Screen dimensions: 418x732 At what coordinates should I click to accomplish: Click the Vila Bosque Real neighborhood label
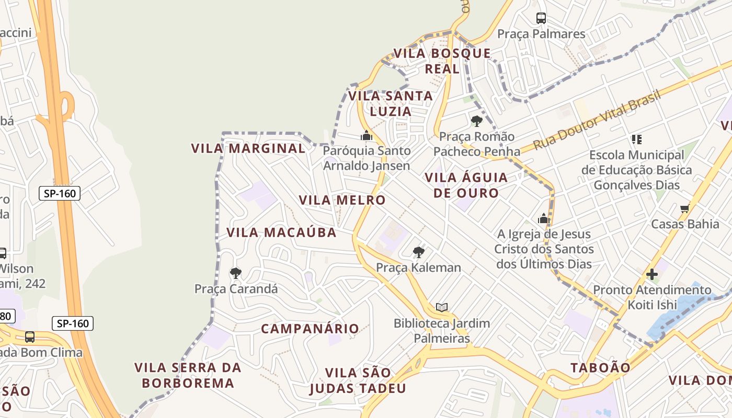click(442, 61)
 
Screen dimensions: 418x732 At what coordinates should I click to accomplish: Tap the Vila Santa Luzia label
click(391, 103)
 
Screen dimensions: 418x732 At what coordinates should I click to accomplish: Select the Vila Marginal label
click(248, 148)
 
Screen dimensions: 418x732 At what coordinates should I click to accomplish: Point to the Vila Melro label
click(342, 200)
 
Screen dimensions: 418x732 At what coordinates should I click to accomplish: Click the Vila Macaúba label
click(281, 233)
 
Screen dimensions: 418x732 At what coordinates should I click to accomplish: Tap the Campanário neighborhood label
click(310, 329)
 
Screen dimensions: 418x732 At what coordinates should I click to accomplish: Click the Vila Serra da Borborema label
click(188, 375)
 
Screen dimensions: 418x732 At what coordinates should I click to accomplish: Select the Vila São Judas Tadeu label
click(358, 380)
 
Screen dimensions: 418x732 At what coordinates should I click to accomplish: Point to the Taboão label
click(600, 367)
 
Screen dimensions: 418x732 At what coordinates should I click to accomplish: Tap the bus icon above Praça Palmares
click(541, 18)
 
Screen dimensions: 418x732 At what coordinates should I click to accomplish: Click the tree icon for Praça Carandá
click(236, 273)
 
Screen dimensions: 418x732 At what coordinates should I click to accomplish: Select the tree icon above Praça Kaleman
click(418, 252)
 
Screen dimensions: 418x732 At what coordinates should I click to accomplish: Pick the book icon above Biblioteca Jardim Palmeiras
click(442, 307)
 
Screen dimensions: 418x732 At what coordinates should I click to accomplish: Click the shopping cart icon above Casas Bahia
click(684, 209)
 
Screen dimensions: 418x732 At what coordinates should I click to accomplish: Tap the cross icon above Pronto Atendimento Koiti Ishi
click(651, 274)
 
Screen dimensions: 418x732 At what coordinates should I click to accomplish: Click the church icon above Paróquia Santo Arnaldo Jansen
click(366, 136)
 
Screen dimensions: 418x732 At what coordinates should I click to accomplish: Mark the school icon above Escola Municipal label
click(636, 140)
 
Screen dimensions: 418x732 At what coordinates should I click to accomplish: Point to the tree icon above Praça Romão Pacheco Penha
click(476, 121)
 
